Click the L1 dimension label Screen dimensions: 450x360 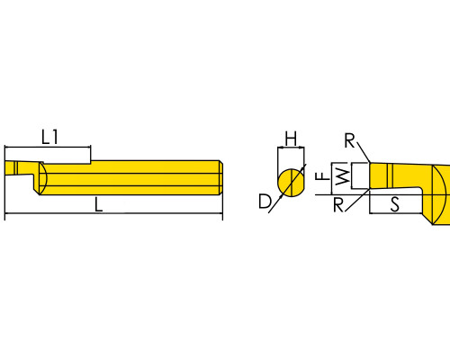(49, 137)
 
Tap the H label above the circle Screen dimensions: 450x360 (291, 139)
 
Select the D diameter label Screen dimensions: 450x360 (265, 202)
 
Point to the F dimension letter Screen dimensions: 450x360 (323, 175)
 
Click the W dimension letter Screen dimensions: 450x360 (342, 176)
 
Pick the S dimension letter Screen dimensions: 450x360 (395, 204)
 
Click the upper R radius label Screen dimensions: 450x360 (349, 140)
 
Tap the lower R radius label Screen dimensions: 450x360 (338, 205)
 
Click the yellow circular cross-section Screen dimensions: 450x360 (291, 183)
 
